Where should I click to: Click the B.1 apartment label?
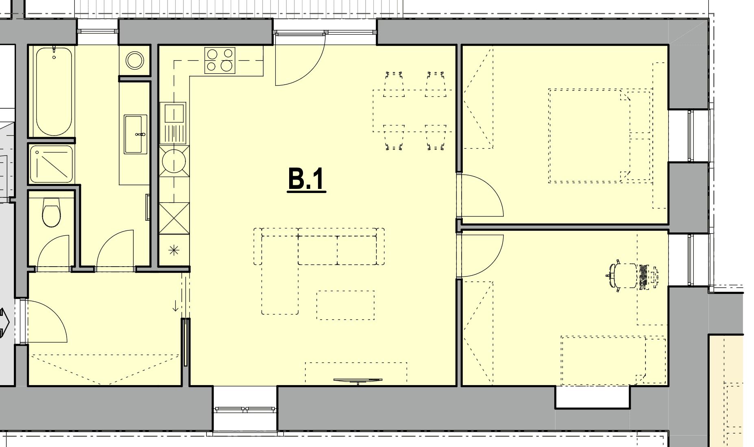click(x=307, y=180)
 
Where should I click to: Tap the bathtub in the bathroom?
click(x=54, y=91)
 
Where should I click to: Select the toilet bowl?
click(x=51, y=212)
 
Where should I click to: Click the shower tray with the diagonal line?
click(x=52, y=164)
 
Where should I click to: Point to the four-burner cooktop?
click(x=220, y=60)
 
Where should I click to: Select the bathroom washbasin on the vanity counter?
click(x=135, y=134)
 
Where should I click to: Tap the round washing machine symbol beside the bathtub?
click(x=135, y=61)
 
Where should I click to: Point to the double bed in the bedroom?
click(x=599, y=136)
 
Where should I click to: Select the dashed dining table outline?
click(x=413, y=111)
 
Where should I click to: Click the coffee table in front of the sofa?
click(x=346, y=305)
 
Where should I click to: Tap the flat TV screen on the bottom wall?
click(x=358, y=381)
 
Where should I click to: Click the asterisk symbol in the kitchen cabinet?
click(x=174, y=250)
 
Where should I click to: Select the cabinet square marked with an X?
click(x=174, y=218)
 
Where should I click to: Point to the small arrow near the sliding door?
click(x=175, y=305)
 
